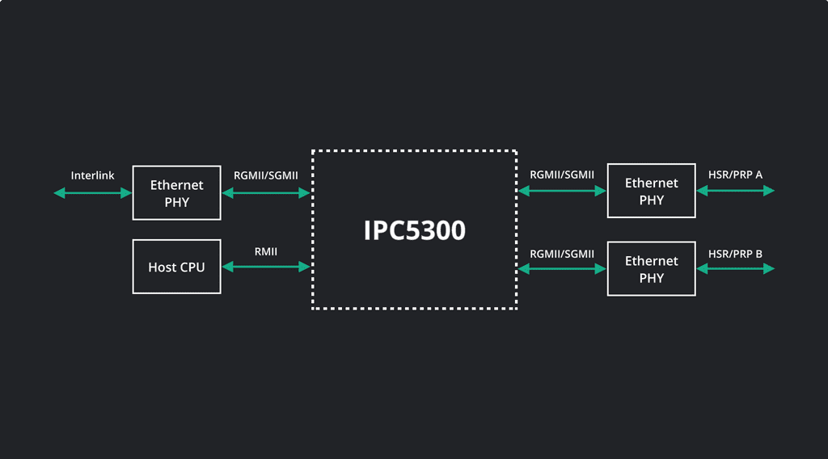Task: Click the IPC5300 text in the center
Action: coord(414,230)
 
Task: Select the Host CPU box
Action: coord(176,267)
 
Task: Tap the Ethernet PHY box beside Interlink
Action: coord(176,193)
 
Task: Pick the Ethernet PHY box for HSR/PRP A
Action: coord(651,192)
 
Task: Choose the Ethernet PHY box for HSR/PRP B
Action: coord(651,269)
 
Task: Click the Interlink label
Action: coord(92,175)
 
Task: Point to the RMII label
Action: coord(266,251)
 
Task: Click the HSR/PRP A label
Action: coord(735,175)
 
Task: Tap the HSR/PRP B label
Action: coord(735,254)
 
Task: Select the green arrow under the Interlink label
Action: coord(92,192)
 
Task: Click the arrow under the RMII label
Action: coord(266,266)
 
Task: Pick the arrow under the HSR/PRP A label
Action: coord(735,191)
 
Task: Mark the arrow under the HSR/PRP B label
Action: coord(735,268)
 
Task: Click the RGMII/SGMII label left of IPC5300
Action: coord(266,175)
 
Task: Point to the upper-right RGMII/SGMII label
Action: coord(562,175)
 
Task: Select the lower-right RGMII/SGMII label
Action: coord(562,254)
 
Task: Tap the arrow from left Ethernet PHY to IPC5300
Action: coord(266,192)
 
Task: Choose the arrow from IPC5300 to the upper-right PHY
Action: coord(562,191)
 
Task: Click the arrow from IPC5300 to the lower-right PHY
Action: coord(562,268)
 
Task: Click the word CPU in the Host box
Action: coord(192,267)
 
